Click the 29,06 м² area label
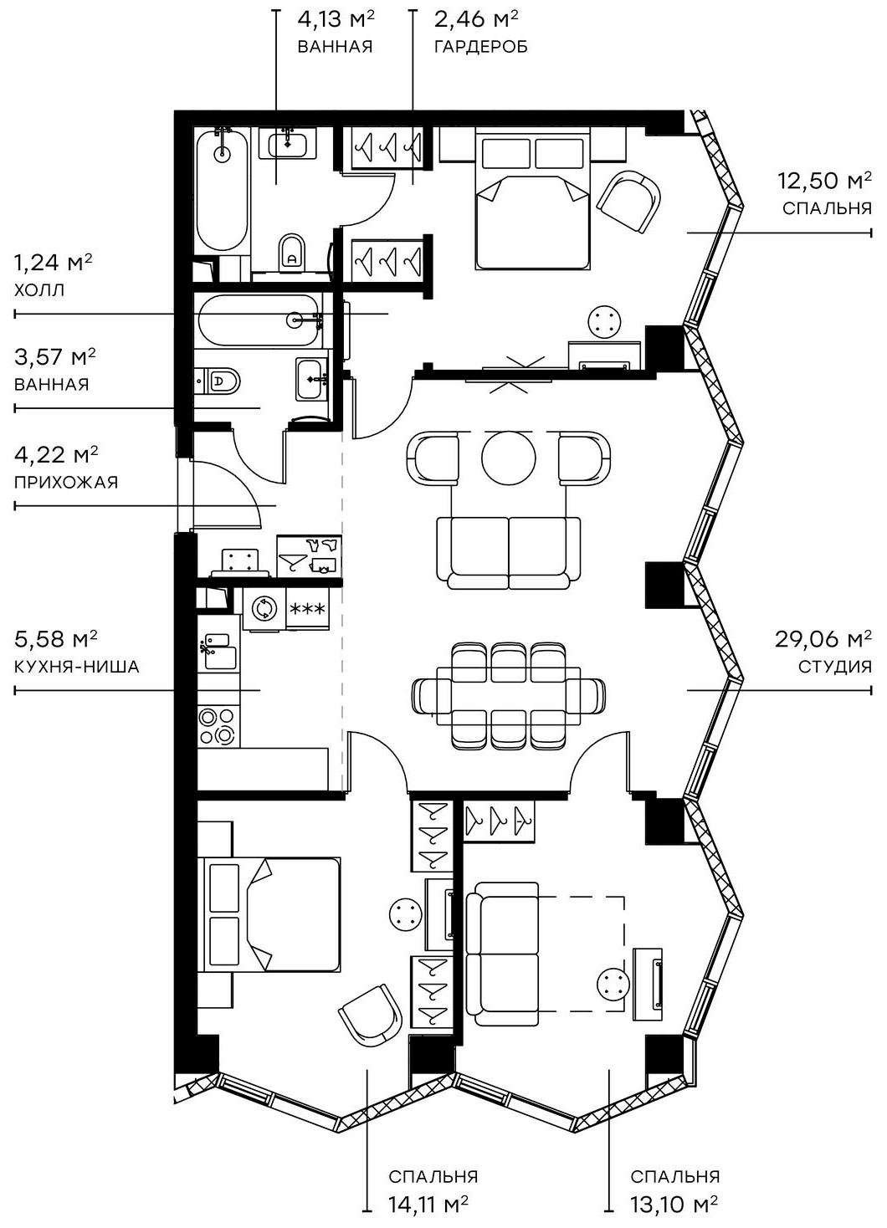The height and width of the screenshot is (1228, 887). point(823,640)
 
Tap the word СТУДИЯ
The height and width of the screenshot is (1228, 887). point(834,667)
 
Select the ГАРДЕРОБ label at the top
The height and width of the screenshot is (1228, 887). point(480,47)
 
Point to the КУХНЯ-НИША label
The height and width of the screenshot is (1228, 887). point(77,667)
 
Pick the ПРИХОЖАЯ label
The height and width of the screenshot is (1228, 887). point(66,482)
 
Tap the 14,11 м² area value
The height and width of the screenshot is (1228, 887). point(428,1204)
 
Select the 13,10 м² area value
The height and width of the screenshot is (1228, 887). point(674,1204)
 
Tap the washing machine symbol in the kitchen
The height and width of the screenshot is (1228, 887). point(264,608)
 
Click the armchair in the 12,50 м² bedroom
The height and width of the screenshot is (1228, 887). point(628,201)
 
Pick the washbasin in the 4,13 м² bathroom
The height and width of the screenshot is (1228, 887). point(289,144)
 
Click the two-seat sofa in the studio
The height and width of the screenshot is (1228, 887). point(509,552)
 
